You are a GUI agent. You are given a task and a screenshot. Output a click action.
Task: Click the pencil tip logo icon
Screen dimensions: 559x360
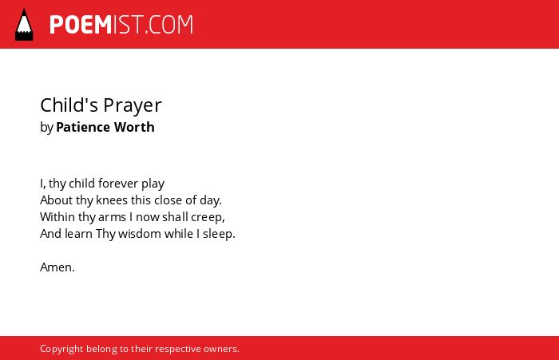click(24, 25)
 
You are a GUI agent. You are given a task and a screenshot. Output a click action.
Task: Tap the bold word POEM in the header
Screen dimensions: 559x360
click(81, 25)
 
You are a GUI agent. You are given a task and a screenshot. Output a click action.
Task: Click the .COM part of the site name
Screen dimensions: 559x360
click(169, 25)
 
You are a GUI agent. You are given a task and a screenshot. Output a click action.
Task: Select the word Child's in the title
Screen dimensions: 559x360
click(69, 105)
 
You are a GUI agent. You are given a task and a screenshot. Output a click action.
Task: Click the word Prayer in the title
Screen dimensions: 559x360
click(133, 106)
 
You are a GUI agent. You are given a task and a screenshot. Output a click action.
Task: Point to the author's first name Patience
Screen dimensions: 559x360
click(83, 127)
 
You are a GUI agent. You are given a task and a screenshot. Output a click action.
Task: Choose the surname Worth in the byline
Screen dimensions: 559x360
click(134, 127)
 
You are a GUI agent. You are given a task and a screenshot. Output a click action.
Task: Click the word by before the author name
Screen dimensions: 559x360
click(46, 128)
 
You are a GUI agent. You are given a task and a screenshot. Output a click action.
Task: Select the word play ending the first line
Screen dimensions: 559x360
click(153, 184)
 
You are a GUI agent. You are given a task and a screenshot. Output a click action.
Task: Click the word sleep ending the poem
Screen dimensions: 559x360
click(218, 234)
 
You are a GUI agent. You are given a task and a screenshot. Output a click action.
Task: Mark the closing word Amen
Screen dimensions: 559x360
click(57, 267)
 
